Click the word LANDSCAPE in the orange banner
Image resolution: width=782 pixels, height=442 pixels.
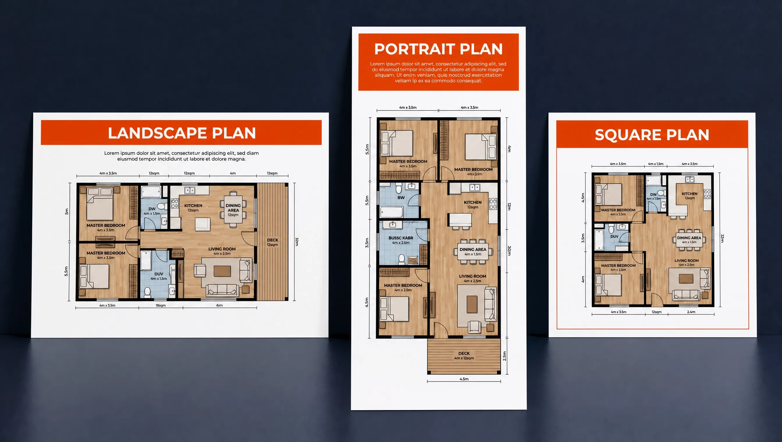pyautogui.click(x=157, y=133)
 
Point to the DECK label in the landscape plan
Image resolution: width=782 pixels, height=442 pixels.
pyautogui.click(x=272, y=240)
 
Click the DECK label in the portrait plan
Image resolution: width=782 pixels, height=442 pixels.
pyautogui.click(x=464, y=353)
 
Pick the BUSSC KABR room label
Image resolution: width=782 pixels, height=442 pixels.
pyautogui.click(x=401, y=238)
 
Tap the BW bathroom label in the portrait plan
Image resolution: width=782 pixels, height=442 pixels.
pyautogui.click(x=401, y=198)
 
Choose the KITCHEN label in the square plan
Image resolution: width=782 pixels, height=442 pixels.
pyautogui.click(x=689, y=194)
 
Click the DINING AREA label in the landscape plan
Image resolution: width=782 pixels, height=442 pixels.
pyautogui.click(x=233, y=208)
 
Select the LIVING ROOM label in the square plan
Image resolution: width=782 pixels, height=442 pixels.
pyautogui.click(x=686, y=261)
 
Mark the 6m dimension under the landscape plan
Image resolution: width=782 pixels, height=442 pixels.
pyautogui.click(x=219, y=305)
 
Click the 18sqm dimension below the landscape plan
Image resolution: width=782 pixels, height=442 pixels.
pyautogui.click(x=161, y=305)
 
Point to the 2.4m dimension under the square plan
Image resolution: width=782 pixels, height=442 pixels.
pyautogui.click(x=691, y=312)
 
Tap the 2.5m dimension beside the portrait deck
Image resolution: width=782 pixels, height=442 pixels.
pyautogui.click(x=504, y=356)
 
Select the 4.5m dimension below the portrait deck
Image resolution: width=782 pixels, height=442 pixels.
pyautogui.click(x=464, y=379)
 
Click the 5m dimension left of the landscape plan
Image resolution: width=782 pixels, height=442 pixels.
pyautogui.click(x=67, y=212)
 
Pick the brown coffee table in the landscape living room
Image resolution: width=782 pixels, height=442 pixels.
pyautogui.click(x=222, y=271)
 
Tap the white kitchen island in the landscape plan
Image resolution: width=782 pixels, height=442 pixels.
pyautogui.click(x=202, y=224)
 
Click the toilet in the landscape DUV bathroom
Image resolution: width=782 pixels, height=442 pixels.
pyautogui.click(x=147, y=292)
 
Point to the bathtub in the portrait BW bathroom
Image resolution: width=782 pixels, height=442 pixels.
pyautogui.click(x=392, y=212)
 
